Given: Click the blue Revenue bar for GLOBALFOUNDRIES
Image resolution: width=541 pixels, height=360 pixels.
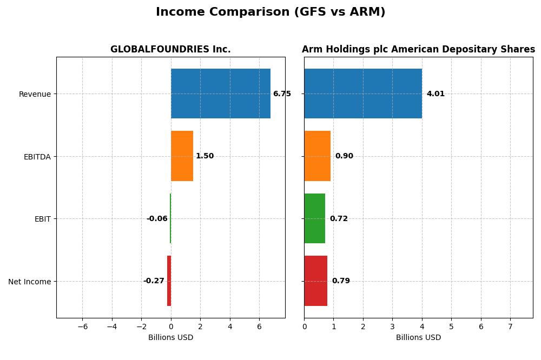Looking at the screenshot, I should [x=220, y=94].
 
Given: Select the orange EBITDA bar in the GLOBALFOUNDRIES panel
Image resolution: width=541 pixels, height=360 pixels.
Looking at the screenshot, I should [x=182, y=156].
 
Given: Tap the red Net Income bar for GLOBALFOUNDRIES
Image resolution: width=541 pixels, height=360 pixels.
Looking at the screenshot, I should [x=169, y=281].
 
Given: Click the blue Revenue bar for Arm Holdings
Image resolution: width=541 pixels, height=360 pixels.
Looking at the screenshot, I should [x=362, y=94].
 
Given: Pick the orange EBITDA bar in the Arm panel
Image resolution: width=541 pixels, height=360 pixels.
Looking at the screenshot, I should [x=317, y=156].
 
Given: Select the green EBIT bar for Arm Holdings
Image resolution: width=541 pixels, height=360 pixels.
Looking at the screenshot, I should [x=314, y=218].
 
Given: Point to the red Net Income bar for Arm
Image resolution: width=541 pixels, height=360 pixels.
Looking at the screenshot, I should [x=315, y=281].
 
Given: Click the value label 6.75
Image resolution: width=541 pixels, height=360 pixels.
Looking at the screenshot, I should [x=282, y=94].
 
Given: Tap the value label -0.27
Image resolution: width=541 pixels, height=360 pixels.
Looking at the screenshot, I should [x=154, y=281].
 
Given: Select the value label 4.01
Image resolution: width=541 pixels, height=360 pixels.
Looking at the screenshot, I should [x=436, y=94].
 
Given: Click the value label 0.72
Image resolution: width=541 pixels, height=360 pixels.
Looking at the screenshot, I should [x=339, y=219].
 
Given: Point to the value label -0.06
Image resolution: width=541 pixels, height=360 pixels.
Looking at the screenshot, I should [x=157, y=219].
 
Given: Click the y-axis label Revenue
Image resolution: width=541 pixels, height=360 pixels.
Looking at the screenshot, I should [x=35, y=94].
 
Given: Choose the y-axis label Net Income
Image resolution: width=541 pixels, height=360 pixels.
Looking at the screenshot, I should [x=30, y=282].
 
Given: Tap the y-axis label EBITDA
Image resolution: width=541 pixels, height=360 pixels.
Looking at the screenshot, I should [x=37, y=157].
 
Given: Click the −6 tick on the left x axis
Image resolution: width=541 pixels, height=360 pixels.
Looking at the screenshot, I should [x=82, y=326].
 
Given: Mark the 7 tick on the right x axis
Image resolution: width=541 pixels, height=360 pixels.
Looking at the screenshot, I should [x=510, y=326].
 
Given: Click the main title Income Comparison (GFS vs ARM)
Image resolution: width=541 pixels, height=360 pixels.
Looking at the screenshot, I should [x=270, y=12].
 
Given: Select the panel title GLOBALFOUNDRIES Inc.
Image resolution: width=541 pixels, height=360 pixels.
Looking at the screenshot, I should [x=170, y=50].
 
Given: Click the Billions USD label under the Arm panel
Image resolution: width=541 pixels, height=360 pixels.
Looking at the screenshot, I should [x=418, y=337].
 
